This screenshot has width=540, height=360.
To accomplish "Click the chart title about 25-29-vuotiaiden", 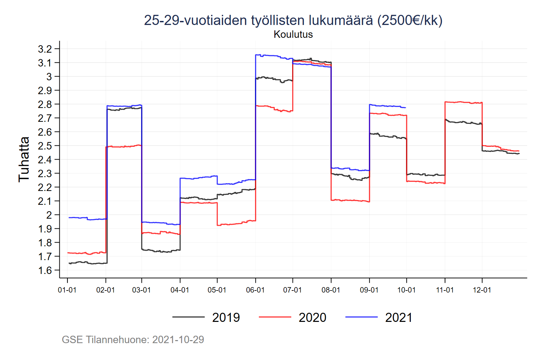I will click(293, 20).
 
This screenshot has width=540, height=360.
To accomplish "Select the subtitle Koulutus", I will click(293, 34).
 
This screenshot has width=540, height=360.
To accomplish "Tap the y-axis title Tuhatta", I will click(24, 159).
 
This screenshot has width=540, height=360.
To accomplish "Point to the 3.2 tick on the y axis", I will click(45, 49).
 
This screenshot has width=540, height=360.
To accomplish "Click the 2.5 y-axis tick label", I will click(45, 146).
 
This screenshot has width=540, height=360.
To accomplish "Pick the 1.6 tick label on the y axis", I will click(45, 270).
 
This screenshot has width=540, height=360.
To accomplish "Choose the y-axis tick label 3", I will click(49, 77).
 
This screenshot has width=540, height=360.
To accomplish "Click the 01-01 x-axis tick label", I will click(67, 290).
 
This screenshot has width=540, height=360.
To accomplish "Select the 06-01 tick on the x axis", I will click(255, 290).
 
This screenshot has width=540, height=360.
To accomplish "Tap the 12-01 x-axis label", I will click(482, 290).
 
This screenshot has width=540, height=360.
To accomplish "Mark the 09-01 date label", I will click(369, 290).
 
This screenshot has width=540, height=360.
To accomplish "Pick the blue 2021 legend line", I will click(361, 317).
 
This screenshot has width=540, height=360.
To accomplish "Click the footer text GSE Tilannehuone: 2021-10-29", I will click(133, 339).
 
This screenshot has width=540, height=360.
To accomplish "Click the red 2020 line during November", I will click(462, 102).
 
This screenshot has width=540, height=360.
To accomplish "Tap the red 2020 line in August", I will click(351, 200).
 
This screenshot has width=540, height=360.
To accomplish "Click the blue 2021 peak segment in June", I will click(270, 55).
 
